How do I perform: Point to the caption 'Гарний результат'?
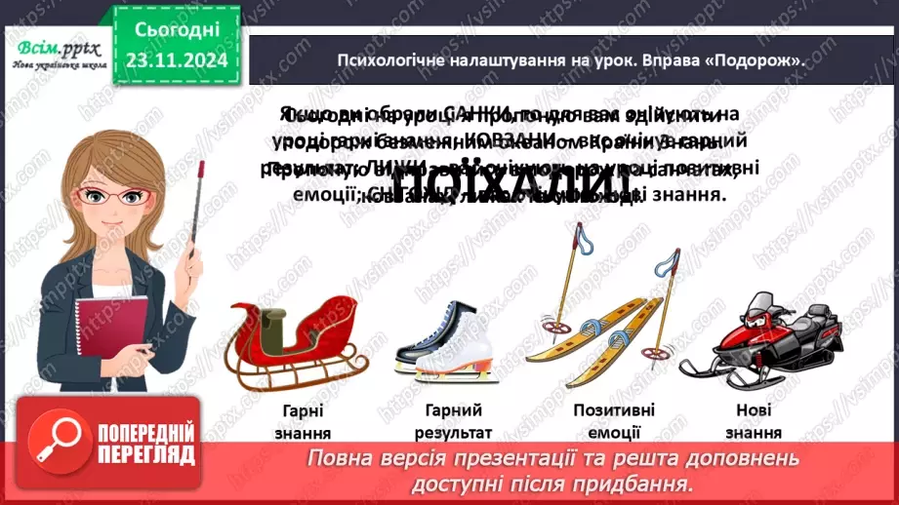pyautogui.click(x=454, y=421)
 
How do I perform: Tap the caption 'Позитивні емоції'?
pyautogui.click(x=614, y=421)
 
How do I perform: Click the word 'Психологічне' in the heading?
pyautogui.click(x=389, y=59)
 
